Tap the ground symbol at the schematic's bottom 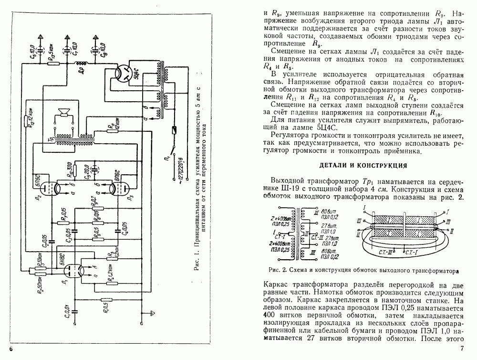tap(152, 313)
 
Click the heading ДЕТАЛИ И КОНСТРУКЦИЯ tap(363, 166)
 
